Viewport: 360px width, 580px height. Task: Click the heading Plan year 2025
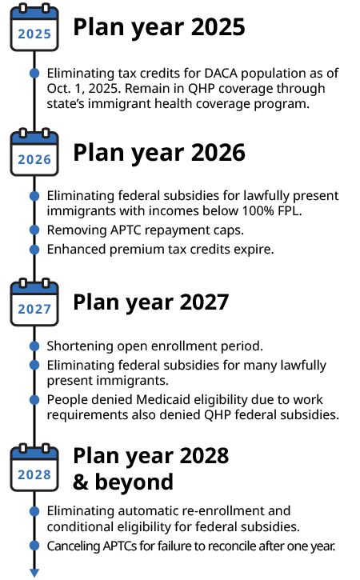click(159, 28)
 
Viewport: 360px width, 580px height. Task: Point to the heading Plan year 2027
click(151, 303)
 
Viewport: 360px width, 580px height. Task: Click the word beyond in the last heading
click(134, 482)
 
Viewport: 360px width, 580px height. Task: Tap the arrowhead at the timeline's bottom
click(34, 573)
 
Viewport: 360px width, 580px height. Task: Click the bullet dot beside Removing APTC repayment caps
click(34, 230)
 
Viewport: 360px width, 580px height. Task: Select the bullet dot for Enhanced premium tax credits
click(34, 250)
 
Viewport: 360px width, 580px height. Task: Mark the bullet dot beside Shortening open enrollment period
click(34, 346)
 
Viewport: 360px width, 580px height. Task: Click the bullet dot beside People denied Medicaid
click(34, 400)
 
